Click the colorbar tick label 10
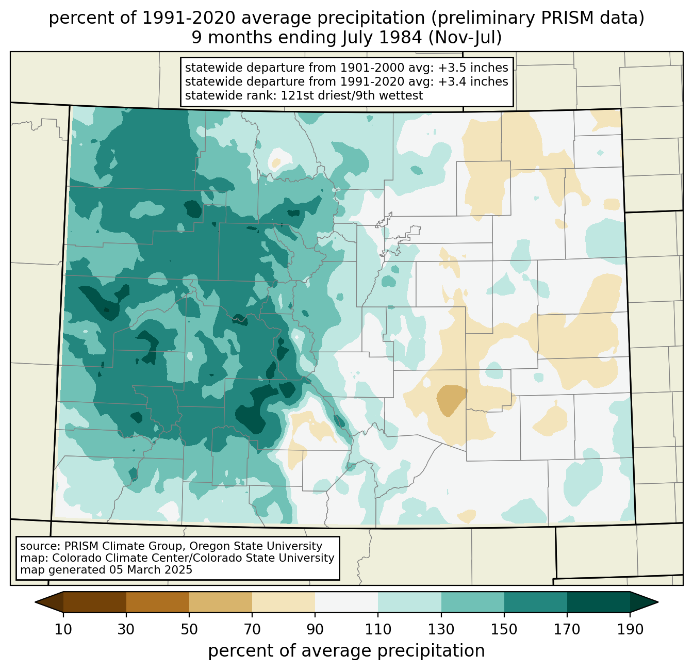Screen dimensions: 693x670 coord(63,629)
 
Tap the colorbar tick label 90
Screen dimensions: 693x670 coord(315,629)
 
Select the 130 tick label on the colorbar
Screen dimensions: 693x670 coord(441,629)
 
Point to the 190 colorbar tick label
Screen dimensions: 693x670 coord(630,629)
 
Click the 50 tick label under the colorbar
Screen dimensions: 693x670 coord(189,629)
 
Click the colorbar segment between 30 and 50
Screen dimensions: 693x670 coord(157,602)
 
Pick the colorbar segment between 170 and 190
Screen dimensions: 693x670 coord(598,602)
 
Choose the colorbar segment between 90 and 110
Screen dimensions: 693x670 coord(346,602)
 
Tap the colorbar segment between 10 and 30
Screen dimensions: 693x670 coord(95,602)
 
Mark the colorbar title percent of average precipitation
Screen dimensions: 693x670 coord(346,651)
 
